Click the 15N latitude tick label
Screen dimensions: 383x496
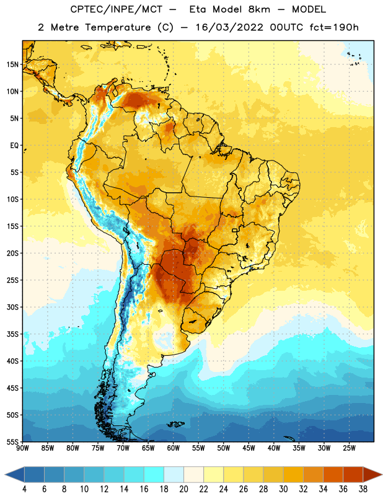(12, 64)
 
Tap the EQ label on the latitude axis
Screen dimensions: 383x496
(14, 146)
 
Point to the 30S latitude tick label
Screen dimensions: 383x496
(12, 308)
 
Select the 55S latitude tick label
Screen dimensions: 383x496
(12, 442)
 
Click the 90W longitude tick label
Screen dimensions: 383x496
(22, 448)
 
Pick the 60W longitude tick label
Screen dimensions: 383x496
(174, 448)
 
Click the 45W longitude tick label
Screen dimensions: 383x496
(249, 448)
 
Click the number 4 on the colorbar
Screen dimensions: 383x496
(24, 489)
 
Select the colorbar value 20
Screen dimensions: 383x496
(183, 489)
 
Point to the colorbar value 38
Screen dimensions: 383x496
(363, 489)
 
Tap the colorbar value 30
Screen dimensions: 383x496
(283, 489)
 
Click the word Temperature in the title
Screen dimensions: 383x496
(118, 27)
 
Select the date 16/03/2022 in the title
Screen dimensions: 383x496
(229, 27)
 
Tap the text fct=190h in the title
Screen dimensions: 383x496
(334, 27)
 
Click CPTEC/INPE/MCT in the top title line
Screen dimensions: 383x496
(116, 9)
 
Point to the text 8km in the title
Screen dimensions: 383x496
(259, 9)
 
